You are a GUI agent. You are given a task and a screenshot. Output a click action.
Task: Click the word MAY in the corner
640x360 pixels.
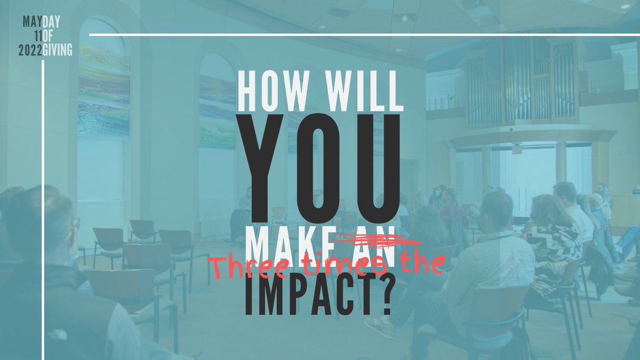pyautogui.click(x=31, y=21)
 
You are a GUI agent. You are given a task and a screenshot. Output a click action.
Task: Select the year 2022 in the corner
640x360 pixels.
pyautogui.click(x=30, y=51)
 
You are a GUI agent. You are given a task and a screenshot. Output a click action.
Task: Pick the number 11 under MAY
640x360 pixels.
pyautogui.click(x=37, y=36)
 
